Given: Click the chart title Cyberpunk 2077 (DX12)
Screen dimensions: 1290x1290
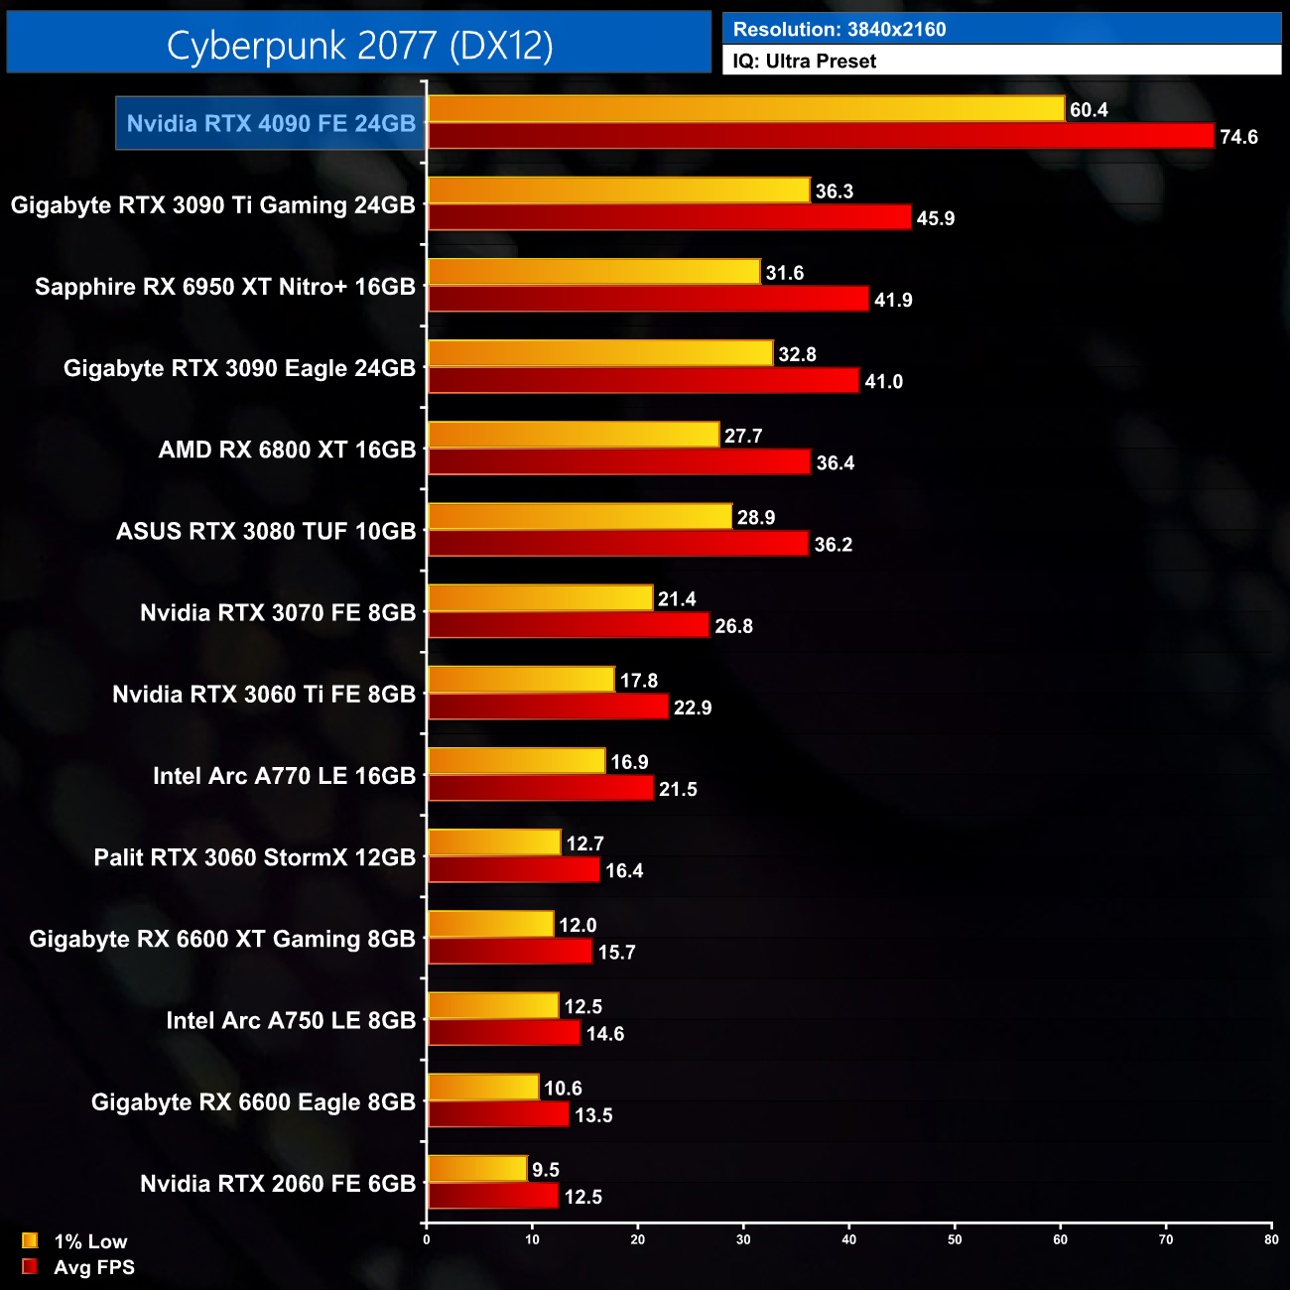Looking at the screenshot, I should [359, 46].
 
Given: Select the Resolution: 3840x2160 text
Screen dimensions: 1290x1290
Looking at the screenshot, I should [839, 29].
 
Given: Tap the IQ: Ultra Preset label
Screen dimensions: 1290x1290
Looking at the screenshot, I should [804, 61].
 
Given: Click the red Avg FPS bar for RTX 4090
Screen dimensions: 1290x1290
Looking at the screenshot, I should [821, 136].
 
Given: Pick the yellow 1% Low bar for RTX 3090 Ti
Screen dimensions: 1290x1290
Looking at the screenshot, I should [618, 191].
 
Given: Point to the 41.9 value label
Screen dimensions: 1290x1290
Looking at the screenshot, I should [893, 300].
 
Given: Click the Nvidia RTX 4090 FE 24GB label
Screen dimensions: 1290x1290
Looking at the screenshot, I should [271, 123].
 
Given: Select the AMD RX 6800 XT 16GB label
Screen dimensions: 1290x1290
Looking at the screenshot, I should [287, 450].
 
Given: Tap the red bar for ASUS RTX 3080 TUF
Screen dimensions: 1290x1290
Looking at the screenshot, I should [618, 544].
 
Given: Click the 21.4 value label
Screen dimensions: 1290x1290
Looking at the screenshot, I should [677, 598].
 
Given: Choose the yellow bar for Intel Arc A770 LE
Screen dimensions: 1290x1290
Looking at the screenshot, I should [516, 761].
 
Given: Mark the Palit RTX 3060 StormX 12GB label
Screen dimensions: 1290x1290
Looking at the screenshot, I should [254, 857].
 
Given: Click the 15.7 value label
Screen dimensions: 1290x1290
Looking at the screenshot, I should [616, 952].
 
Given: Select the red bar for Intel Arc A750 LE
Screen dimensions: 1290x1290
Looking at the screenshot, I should [504, 1033].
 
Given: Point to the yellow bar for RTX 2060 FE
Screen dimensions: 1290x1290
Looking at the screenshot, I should [476, 1169].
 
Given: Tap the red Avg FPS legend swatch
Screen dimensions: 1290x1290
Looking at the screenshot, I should [30, 1266].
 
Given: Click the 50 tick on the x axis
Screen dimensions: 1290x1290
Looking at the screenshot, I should [955, 1239].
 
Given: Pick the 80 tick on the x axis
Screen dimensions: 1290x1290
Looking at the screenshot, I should [1271, 1239].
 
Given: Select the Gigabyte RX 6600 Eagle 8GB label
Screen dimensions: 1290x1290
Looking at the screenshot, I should [253, 1101].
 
